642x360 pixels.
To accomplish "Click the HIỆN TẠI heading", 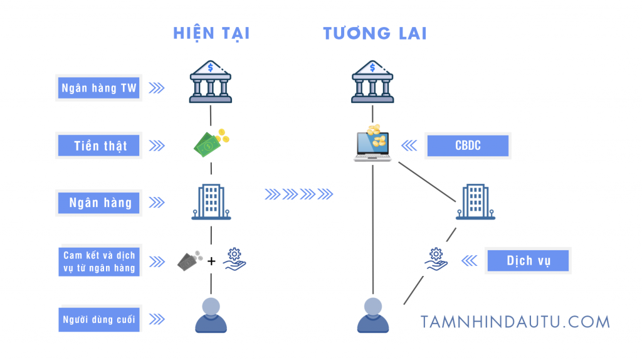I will (x=211, y=33).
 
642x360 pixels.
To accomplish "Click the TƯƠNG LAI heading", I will (x=375, y=33).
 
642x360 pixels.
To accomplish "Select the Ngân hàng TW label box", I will (x=99, y=88).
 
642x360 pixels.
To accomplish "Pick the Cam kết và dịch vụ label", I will (x=99, y=262).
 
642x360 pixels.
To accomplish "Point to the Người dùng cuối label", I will (x=99, y=319).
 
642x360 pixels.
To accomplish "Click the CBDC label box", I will (x=468, y=146).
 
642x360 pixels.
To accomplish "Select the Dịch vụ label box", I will (x=529, y=261).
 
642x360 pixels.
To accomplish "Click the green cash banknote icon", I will (x=210, y=143).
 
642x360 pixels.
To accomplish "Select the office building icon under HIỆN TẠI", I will (x=211, y=202).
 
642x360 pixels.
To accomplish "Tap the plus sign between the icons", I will (x=211, y=261).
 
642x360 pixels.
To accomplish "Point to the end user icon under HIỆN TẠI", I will (x=211, y=315).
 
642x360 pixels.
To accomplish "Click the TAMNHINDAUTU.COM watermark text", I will (x=515, y=322).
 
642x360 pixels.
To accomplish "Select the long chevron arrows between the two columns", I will (x=298, y=194).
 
